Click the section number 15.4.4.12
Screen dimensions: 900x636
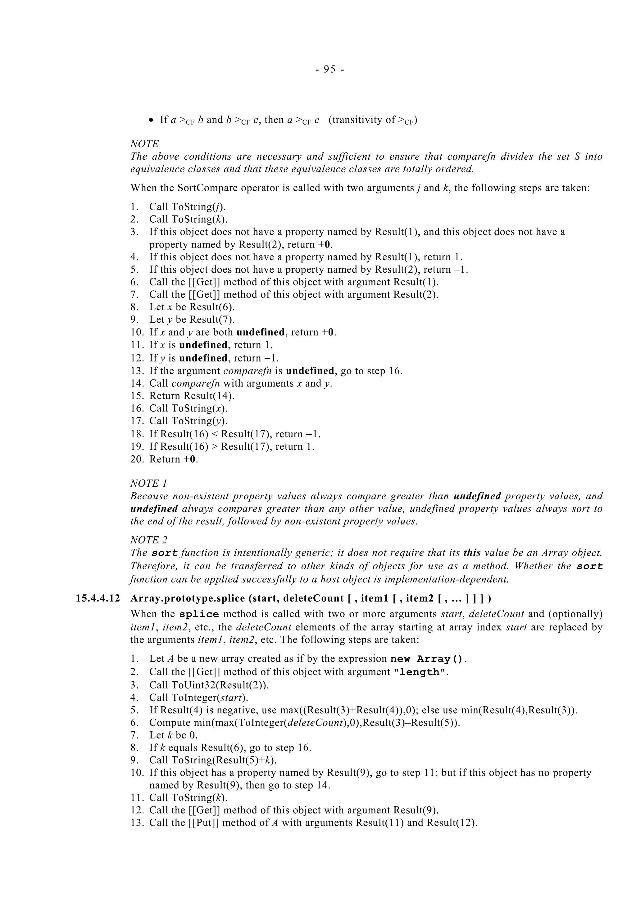98,598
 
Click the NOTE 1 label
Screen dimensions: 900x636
145,483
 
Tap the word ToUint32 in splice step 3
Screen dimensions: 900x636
193,685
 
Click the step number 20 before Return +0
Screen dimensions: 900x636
137,459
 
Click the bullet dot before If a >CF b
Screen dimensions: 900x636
152,120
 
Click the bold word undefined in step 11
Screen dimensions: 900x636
203,345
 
